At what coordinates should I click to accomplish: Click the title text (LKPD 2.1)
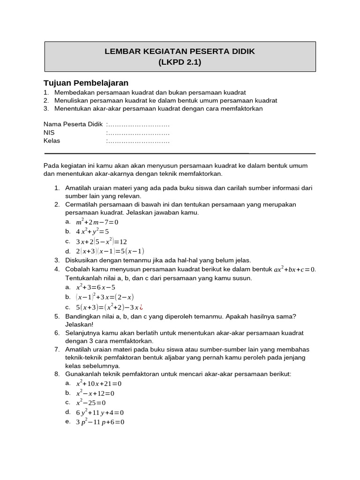click(x=180, y=62)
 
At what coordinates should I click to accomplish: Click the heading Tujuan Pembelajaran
click(x=86, y=83)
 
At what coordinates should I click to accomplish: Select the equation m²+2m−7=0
click(x=97, y=222)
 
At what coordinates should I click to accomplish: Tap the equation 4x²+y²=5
click(x=92, y=232)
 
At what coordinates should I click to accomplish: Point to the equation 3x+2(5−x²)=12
click(x=101, y=241)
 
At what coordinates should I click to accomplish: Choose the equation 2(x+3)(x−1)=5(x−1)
click(x=110, y=251)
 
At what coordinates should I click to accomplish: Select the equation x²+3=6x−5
click(x=96, y=287)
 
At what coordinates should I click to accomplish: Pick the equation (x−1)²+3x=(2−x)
click(x=105, y=297)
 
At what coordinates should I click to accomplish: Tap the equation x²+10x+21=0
click(x=99, y=383)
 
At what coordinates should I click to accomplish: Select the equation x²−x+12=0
click(x=95, y=393)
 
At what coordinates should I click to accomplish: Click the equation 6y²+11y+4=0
click(x=100, y=413)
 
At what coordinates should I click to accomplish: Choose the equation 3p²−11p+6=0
click(x=100, y=422)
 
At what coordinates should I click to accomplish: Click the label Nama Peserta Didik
click(x=73, y=124)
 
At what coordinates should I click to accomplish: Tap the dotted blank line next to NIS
click(x=138, y=133)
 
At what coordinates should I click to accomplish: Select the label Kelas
click(x=52, y=141)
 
